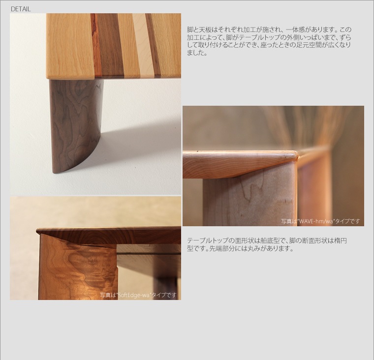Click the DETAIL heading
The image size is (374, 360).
pos(21,9)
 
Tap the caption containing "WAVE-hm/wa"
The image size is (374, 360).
pos(320,221)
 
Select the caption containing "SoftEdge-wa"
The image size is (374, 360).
pos(138,295)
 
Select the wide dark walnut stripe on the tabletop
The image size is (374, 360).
pos(110,45)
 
